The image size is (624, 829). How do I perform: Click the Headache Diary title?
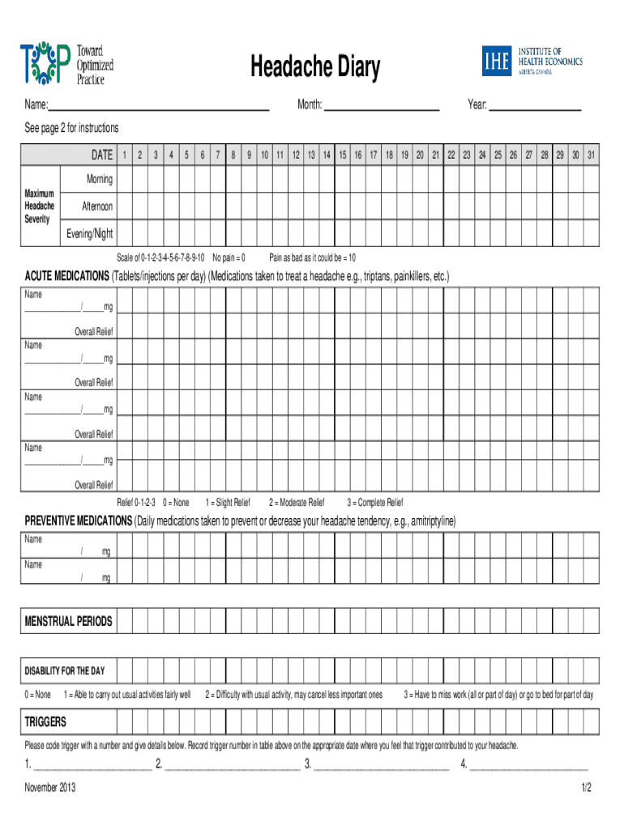pos(314,68)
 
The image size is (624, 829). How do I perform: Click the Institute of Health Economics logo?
pos(532,61)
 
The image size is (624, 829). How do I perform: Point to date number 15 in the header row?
pos(343,155)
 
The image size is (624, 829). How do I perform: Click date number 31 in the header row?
pos(592,155)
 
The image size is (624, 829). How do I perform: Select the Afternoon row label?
pos(97,206)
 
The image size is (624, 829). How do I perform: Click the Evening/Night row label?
pos(90,234)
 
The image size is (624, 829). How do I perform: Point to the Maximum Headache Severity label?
pos(40,206)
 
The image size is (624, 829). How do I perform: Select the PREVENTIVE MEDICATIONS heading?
pos(78,521)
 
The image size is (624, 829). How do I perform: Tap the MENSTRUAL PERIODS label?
pos(69,622)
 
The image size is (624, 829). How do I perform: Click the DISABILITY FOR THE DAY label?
pos(65,671)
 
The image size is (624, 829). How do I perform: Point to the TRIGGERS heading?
pos(45,721)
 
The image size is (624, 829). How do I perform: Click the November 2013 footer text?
pos(50,788)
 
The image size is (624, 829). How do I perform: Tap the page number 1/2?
pos(586,788)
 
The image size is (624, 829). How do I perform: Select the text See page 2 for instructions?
pos(71,128)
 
